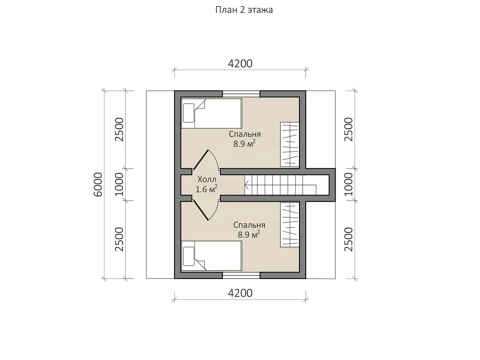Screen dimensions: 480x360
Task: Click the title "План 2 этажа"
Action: pyautogui.click(x=244, y=10)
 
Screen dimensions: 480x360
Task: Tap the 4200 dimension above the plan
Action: pyautogui.click(x=240, y=64)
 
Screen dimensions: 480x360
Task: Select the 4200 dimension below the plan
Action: pyautogui.click(x=240, y=293)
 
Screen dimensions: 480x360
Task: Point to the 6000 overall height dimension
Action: pyautogui.click(x=98, y=185)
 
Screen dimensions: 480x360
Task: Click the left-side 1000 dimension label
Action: pyautogui.click(x=119, y=184)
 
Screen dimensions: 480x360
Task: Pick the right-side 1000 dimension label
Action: pyautogui.click(x=349, y=184)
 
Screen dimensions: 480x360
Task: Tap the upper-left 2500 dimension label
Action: pyautogui.click(x=119, y=129)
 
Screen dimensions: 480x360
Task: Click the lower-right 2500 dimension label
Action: pyautogui.click(x=349, y=239)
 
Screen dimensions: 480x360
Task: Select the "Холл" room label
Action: pyautogui.click(x=207, y=179)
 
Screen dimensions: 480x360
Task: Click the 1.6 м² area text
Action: pyautogui.click(x=206, y=189)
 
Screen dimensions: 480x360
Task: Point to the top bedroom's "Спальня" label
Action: pyautogui.click(x=245, y=134)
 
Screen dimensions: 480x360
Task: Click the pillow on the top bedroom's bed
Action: pyautogui.click(x=189, y=113)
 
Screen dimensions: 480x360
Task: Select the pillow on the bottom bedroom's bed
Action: pyautogui.click(x=189, y=256)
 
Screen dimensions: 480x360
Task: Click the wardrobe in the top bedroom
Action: pyautogui.click(x=290, y=144)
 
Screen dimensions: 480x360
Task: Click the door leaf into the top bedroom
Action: pyautogui.click(x=200, y=159)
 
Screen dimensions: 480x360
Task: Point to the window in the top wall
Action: pyautogui.click(x=241, y=94)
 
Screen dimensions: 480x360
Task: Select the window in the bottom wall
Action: pyautogui.click(x=241, y=275)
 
